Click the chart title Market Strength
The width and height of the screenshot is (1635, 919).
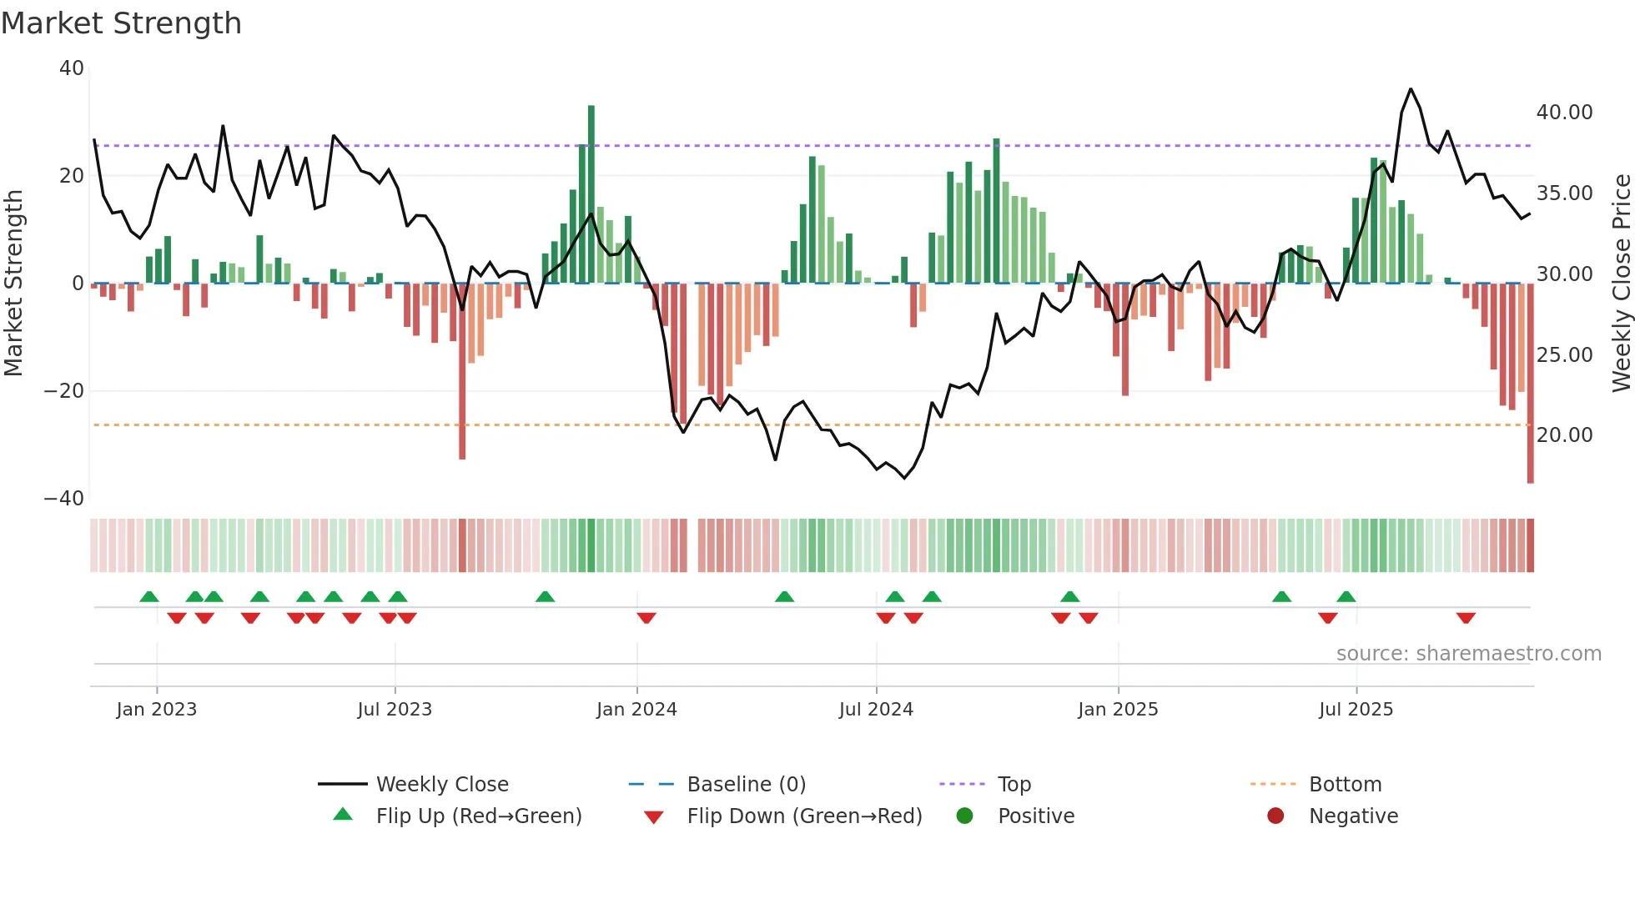121,23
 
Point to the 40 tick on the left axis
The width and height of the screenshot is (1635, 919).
72,68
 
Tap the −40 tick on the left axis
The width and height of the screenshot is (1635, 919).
64,499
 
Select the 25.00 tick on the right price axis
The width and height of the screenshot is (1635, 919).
1564,354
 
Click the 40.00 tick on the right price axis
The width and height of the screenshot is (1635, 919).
1564,113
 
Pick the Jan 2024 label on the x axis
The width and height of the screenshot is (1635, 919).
636,710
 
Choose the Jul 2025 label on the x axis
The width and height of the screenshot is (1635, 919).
1356,710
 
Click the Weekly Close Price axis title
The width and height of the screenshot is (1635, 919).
1621,284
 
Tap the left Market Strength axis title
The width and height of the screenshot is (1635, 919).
14,284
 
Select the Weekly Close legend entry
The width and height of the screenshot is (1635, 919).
442,785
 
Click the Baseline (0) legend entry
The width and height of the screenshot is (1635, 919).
746,785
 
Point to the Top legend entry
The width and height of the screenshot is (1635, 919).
1014,785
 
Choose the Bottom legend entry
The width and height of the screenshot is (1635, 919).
1345,785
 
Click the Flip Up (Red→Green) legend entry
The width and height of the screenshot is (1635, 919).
478,816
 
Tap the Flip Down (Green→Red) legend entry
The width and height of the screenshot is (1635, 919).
804,816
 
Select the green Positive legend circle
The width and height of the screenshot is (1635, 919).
965,816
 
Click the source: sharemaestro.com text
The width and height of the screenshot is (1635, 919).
1468,654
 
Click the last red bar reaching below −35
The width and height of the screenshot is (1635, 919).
1530,384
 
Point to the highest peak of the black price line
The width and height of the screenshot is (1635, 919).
1411,89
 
